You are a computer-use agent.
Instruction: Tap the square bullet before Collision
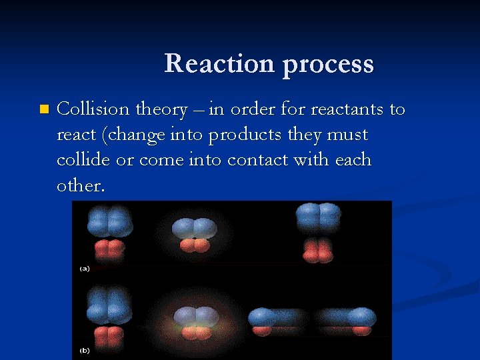(x=44, y=109)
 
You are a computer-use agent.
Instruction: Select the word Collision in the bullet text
(x=93, y=109)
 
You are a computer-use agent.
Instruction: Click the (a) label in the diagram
(x=85, y=269)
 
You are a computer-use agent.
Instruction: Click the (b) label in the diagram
(x=85, y=350)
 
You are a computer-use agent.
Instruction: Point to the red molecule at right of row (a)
(x=318, y=249)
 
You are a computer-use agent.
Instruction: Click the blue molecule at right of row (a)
(x=318, y=215)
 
